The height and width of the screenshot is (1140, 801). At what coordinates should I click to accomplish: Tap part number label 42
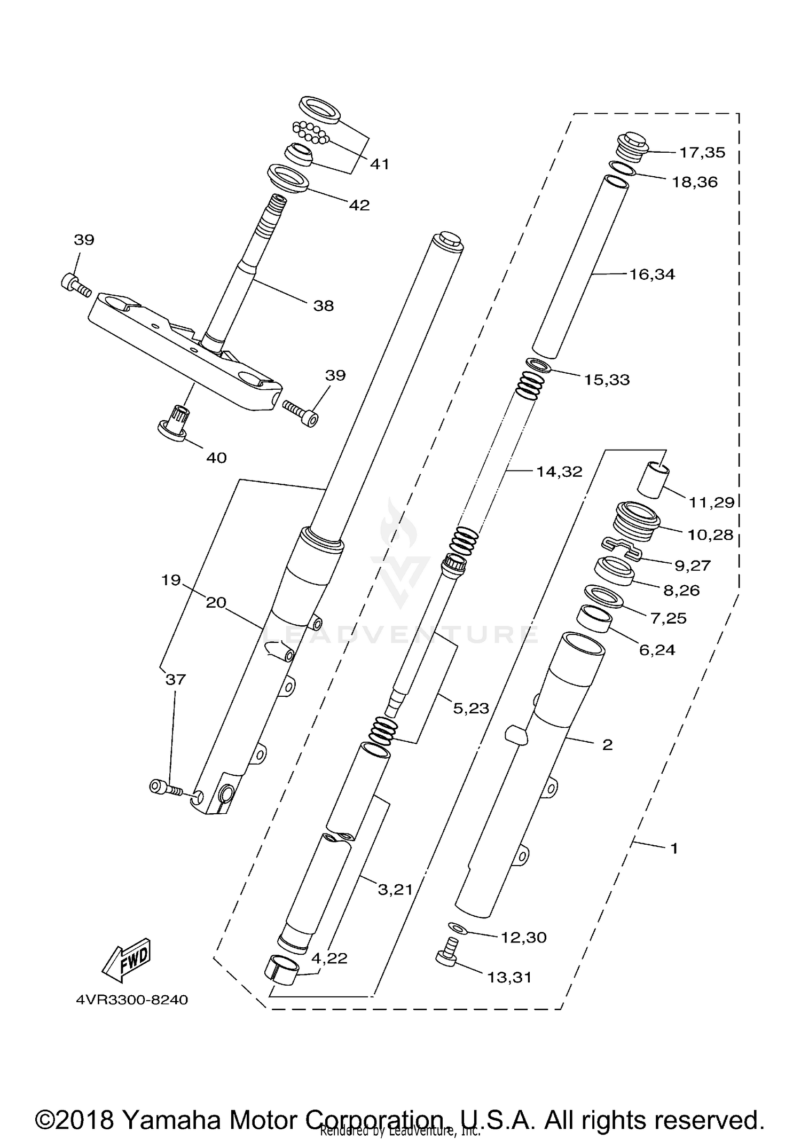pos(359,206)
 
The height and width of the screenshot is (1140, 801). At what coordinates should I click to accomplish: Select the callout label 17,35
pos(702,153)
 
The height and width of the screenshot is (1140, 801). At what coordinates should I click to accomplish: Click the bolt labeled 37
pos(165,787)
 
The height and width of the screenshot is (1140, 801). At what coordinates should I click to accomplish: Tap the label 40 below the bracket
pos(216,458)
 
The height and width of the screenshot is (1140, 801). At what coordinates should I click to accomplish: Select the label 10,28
pos(710,534)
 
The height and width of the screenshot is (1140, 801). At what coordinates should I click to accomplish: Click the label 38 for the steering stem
pos(324,306)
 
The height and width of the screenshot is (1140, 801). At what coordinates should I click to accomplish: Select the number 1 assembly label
pos(674,848)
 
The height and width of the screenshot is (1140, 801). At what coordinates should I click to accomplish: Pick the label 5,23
pos(470,708)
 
